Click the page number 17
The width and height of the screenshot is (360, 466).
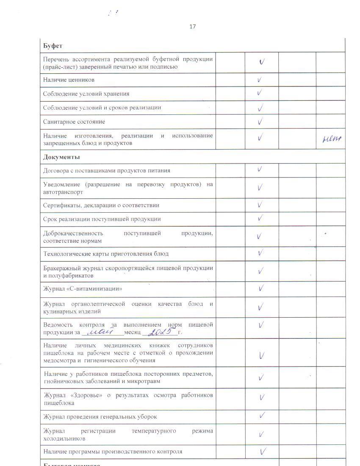pos(193,27)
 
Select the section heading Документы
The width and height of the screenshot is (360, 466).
pos(61,157)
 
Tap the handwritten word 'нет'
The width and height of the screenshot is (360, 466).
pos(332,139)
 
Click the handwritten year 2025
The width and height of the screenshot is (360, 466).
pos(160,331)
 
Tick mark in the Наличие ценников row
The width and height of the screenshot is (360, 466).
pos(260,79)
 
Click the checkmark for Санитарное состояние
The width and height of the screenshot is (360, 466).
pos(260,122)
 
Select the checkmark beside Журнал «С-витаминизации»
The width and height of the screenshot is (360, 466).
pos(261,288)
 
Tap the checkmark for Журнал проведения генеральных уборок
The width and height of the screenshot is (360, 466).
pos(262,416)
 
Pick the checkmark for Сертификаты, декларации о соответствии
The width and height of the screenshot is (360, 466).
pos(260,205)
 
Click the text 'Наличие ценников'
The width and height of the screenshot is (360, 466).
pos(69,80)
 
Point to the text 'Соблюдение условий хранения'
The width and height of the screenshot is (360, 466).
pos(86,94)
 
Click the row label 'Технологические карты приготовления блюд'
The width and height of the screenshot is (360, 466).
pos(106,254)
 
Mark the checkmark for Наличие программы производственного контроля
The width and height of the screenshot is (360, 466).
pos(263,451)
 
